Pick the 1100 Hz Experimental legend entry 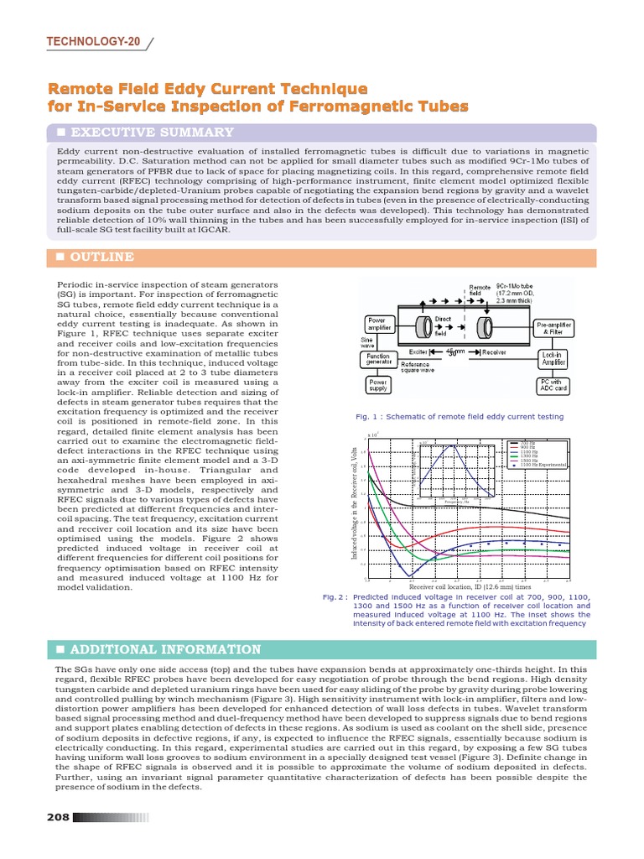pos(540,464)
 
